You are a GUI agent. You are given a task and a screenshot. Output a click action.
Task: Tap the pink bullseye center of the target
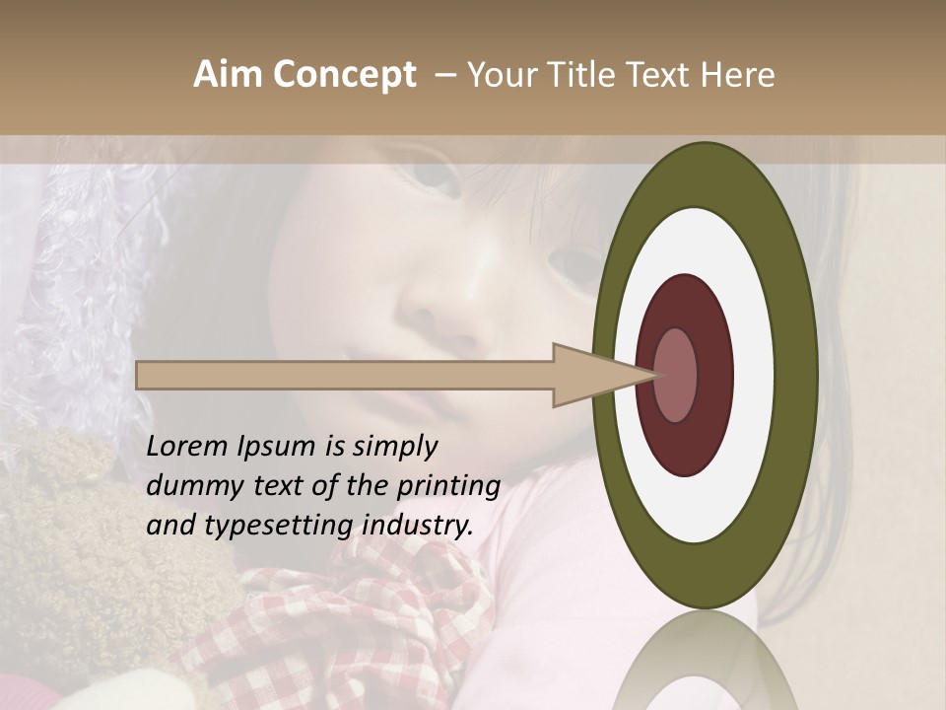(x=675, y=375)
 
